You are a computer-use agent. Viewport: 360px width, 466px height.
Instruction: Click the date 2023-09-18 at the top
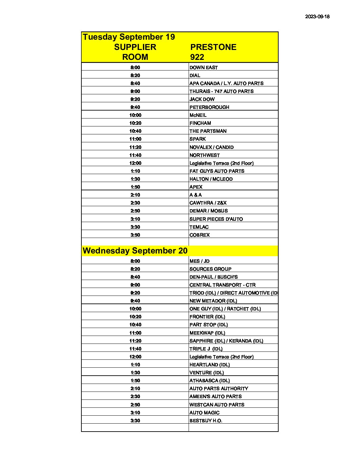tap(317, 17)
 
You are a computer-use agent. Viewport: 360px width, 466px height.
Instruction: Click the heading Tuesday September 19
tap(129, 37)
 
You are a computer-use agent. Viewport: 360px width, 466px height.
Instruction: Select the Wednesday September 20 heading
tap(135, 251)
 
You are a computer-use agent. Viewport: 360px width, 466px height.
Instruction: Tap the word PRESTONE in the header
tap(213, 47)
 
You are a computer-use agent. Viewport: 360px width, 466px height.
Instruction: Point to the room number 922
tap(197, 57)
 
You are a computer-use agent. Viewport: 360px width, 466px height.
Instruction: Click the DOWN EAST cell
tap(203, 68)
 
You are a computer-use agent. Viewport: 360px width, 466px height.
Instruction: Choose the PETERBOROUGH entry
tap(209, 107)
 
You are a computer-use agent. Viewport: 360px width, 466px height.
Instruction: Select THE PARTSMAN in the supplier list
tap(208, 131)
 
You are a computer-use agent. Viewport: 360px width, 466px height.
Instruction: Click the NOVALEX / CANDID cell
tap(211, 147)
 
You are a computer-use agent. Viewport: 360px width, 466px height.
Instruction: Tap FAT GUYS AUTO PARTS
tap(217, 171)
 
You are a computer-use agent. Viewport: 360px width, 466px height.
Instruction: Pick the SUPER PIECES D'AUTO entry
tap(216, 219)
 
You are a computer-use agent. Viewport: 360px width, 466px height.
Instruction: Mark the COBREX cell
tap(200, 235)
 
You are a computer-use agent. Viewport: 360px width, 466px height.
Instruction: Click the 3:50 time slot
tap(135, 235)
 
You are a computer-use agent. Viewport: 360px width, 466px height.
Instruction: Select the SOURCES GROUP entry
tap(210, 269)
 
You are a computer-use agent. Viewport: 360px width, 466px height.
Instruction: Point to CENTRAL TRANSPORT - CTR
tap(222, 285)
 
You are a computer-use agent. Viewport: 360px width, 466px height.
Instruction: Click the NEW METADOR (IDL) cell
tap(213, 301)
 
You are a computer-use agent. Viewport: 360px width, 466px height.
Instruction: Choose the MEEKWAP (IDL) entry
tap(207, 333)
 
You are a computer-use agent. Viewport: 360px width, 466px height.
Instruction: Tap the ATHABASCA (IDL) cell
tap(209, 381)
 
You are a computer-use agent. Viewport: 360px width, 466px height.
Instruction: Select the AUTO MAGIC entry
tap(204, 413)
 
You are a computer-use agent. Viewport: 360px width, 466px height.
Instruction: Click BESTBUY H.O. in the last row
tap(206, 421)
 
